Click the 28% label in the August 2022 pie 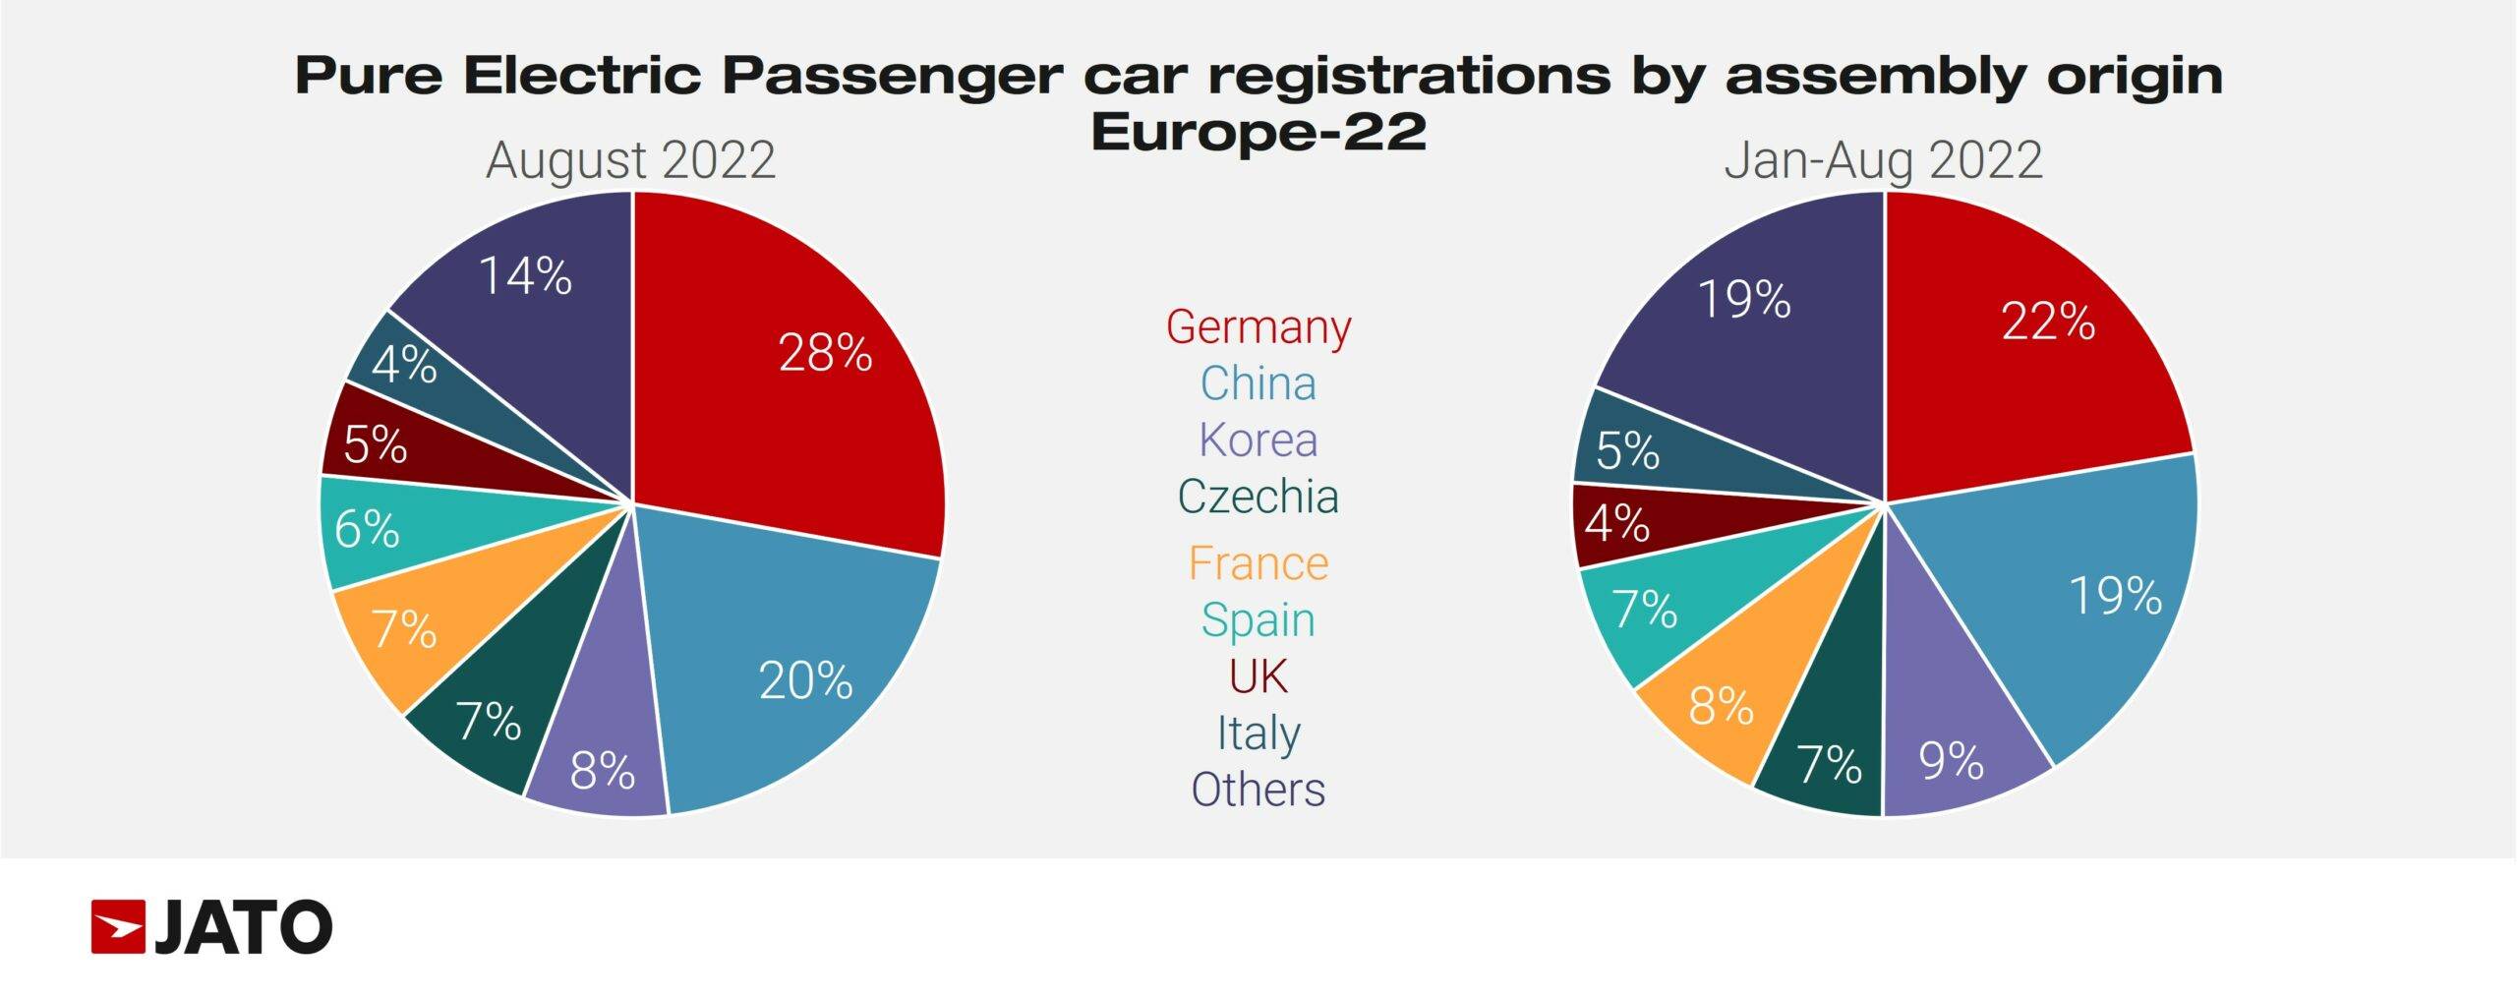tap(825, 353)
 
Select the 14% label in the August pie tap(525, 276)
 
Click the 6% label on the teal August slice tap(367, 530)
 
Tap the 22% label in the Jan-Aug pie tap(2048, 322)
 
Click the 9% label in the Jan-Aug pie tap(1952, 761)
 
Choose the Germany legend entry tap(1258, 326)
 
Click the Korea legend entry tap(1258, 440)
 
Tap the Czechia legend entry tap(1258, 497)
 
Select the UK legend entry tap(1258, 676)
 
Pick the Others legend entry tap(1258, 790)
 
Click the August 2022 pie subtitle tap(630, 160)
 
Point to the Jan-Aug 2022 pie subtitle tap(1883, 160)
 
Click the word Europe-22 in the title tap(1258, 132)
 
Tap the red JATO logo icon tap(118, 926)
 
